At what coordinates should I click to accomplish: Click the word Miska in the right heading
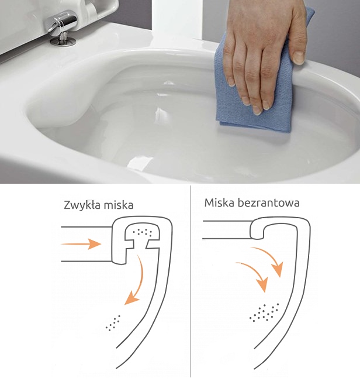pos(219,203)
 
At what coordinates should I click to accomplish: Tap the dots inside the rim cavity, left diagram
pos(142,232)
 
